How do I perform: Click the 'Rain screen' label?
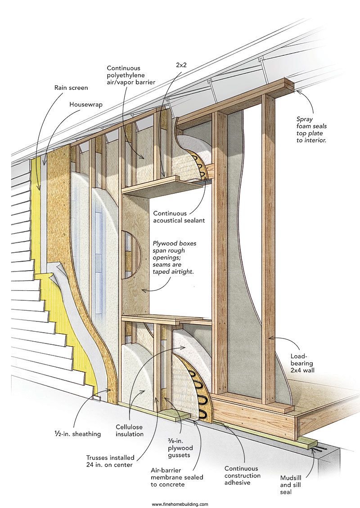click(x=71, y=88)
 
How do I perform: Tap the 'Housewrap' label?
click(x=86, y=104)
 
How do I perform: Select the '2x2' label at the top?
click(x=181, y=65)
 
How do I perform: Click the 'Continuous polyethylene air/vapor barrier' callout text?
click(x=131, y=75)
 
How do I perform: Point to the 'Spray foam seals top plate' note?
click(x=311, y=129)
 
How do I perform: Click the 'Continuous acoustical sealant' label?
click(x=179, y=217)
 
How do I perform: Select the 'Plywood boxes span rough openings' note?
click(x=175, y=257)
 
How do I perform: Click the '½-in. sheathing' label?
click(x=77, y=434)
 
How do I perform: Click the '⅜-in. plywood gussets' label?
click(x=180, y=448)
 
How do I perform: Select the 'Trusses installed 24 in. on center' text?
click(x=110, y=461)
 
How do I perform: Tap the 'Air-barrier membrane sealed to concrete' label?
click(x=177, y=477)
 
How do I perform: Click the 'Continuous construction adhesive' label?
click(x=243, y=475)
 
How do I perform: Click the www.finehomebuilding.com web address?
click(x=180, y=504)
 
